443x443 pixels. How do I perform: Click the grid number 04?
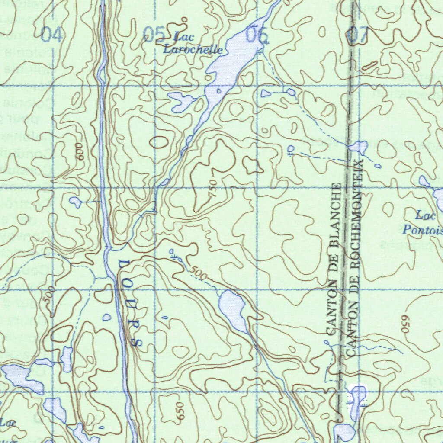click(x=52, y=35)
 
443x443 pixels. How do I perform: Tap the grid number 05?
click(x=154, y=34)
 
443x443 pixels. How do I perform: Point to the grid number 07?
click(x=358, y=35)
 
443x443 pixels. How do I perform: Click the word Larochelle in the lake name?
click(x=193, y=50)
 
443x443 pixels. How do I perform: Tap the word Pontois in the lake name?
click(x=423, y=229)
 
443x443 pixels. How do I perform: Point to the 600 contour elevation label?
click(x=80, y=152)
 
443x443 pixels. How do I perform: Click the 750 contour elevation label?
click(x=212, y=189)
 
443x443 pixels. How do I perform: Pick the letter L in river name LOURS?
click(x=122, y=264)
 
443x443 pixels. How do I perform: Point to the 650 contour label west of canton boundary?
click(x=180, y=410)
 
